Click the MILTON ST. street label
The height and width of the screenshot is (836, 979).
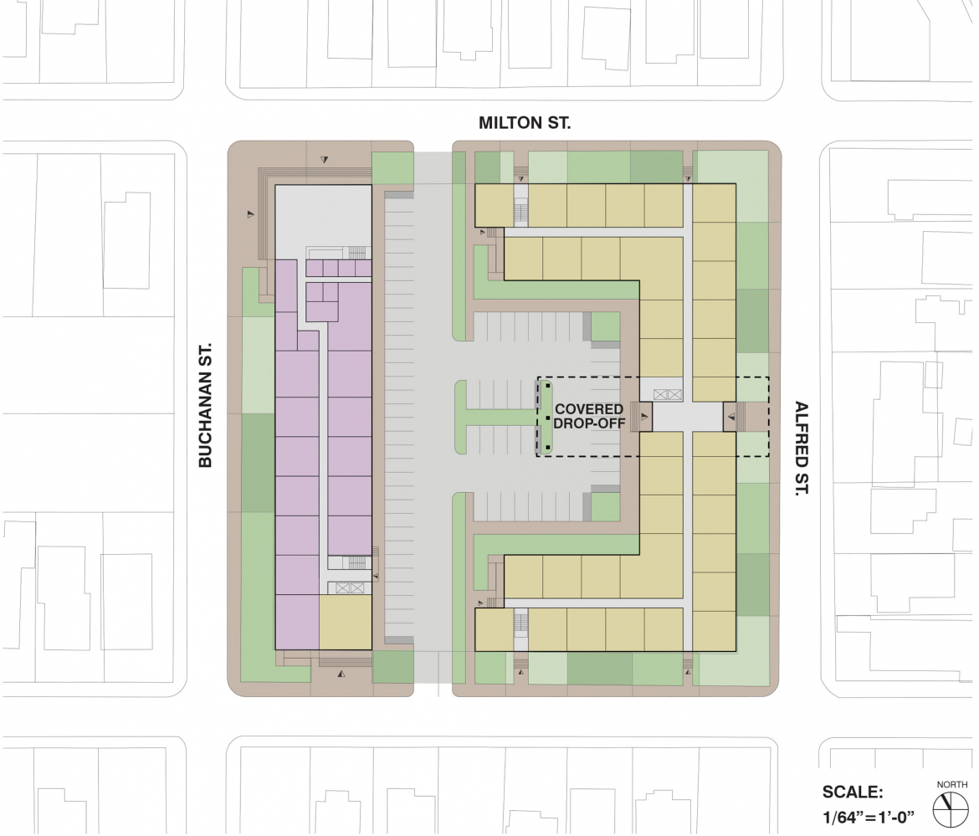525,123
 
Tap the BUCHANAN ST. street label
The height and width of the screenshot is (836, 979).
205,404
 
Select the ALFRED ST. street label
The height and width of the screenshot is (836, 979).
801,449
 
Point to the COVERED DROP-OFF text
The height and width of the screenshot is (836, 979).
589,416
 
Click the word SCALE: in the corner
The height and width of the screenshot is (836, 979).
853,792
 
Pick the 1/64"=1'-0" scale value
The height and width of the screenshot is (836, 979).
868,816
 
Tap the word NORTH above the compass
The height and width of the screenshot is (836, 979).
951,784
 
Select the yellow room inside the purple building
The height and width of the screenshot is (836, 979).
346,623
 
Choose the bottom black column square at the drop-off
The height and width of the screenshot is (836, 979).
547,448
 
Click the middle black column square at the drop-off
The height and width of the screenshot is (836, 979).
547,418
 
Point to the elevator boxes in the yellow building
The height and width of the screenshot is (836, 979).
668,395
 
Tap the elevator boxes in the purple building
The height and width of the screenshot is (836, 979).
350,588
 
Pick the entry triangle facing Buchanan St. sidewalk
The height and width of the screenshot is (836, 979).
250,214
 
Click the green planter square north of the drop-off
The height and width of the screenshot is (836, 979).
605,326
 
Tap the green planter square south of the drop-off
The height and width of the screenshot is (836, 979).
605,507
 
